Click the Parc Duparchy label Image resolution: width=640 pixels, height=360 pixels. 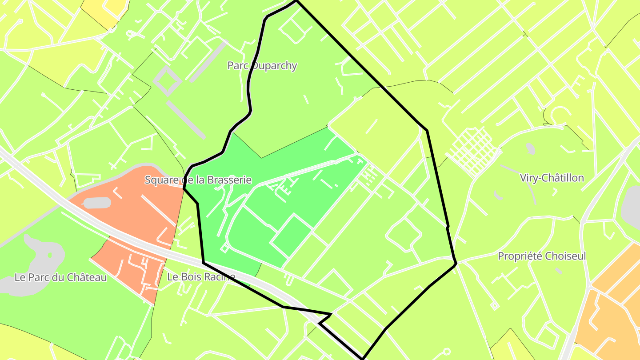click(x=262, y=66)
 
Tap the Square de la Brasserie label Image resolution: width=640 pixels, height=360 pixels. click(x=198, y=180)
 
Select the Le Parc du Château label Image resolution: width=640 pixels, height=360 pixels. click(x=61, y=277)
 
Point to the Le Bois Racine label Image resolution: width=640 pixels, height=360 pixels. click(x=201, y=276)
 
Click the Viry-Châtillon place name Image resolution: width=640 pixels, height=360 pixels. click(x=552, y=178)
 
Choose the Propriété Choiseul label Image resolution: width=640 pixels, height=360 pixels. click(x=542, y=256)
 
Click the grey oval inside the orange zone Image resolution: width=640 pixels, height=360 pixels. click(x=97, y=203)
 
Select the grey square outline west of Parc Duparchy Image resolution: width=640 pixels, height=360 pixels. click(x=167, y=80)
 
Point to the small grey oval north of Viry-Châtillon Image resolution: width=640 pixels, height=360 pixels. click(x=530, y=148)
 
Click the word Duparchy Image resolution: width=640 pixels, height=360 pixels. click(x=274, y=66)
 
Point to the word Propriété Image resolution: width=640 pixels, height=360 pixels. click(x=519, y=256)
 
